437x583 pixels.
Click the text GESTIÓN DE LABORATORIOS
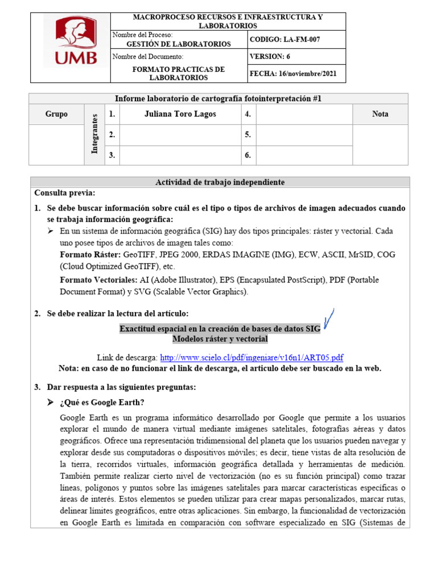pos(178,44)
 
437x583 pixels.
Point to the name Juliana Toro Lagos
pos(180,114)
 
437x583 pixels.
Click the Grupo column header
pos(56,114)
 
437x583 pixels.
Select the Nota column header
pos(380,114)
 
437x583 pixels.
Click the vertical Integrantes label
pos(95,134)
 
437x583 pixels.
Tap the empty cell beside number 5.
pos(304,135)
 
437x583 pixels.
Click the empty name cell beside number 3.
pos(180,155)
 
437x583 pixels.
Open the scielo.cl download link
pos(252,358)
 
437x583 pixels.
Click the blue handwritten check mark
pos(328,319)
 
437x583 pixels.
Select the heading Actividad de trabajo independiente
pos(220,182)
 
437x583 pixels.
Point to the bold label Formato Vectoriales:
pos(98,280)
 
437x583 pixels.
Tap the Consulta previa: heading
pos(64,194)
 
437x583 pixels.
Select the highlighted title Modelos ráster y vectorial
pos(220,339)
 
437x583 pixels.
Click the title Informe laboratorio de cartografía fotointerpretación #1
pos(220,98)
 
